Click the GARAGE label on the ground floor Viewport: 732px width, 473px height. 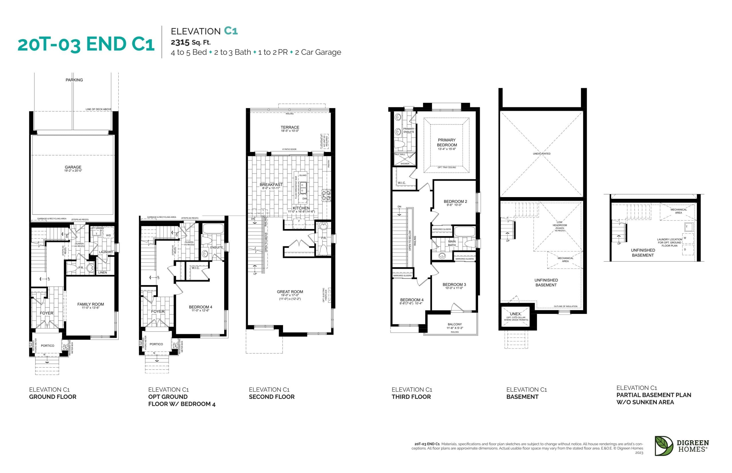point(73,167)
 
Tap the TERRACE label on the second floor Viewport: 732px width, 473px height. point(290,127)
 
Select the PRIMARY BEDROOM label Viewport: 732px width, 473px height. point(447,142)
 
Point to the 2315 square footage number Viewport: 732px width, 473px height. point(180,42)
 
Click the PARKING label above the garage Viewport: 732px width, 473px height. point(74,80)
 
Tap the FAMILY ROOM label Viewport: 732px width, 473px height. point(90,304)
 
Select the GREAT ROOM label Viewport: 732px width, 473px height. point(290,291)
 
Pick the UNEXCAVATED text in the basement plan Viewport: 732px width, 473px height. point(541,154)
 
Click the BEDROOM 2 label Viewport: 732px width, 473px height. point(455,201)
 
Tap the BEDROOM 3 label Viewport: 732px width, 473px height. point(454,284)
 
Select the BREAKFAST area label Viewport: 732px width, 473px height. point(271,185)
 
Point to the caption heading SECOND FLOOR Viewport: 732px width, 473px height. point(271,396)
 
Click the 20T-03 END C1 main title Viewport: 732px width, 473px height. point(86,44)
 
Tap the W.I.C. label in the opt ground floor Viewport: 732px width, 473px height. point(196,268)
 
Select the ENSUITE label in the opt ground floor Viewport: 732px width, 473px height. point(216,247)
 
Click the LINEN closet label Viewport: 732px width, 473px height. point(102,272)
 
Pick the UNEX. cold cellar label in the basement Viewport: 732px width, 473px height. point(516,314)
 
